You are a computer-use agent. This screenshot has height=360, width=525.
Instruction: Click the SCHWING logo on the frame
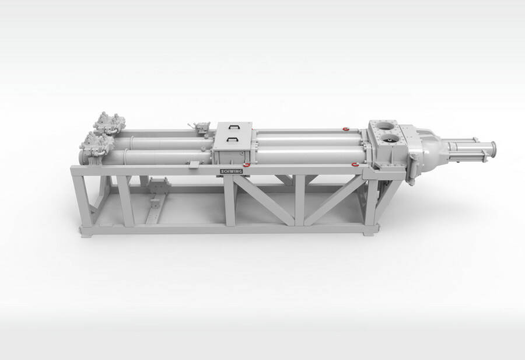[231, 171]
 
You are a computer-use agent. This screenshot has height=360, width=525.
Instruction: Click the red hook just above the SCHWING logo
[247, 165]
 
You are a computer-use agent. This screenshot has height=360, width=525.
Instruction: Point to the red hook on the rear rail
[346, 128]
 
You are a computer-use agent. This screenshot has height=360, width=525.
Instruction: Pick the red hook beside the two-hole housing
[355, 164]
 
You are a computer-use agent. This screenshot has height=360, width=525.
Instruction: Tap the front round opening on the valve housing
[391, 138]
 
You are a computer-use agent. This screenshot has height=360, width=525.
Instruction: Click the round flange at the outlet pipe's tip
[493, 151]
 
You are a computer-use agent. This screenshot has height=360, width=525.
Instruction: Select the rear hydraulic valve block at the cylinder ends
[110, 123]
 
